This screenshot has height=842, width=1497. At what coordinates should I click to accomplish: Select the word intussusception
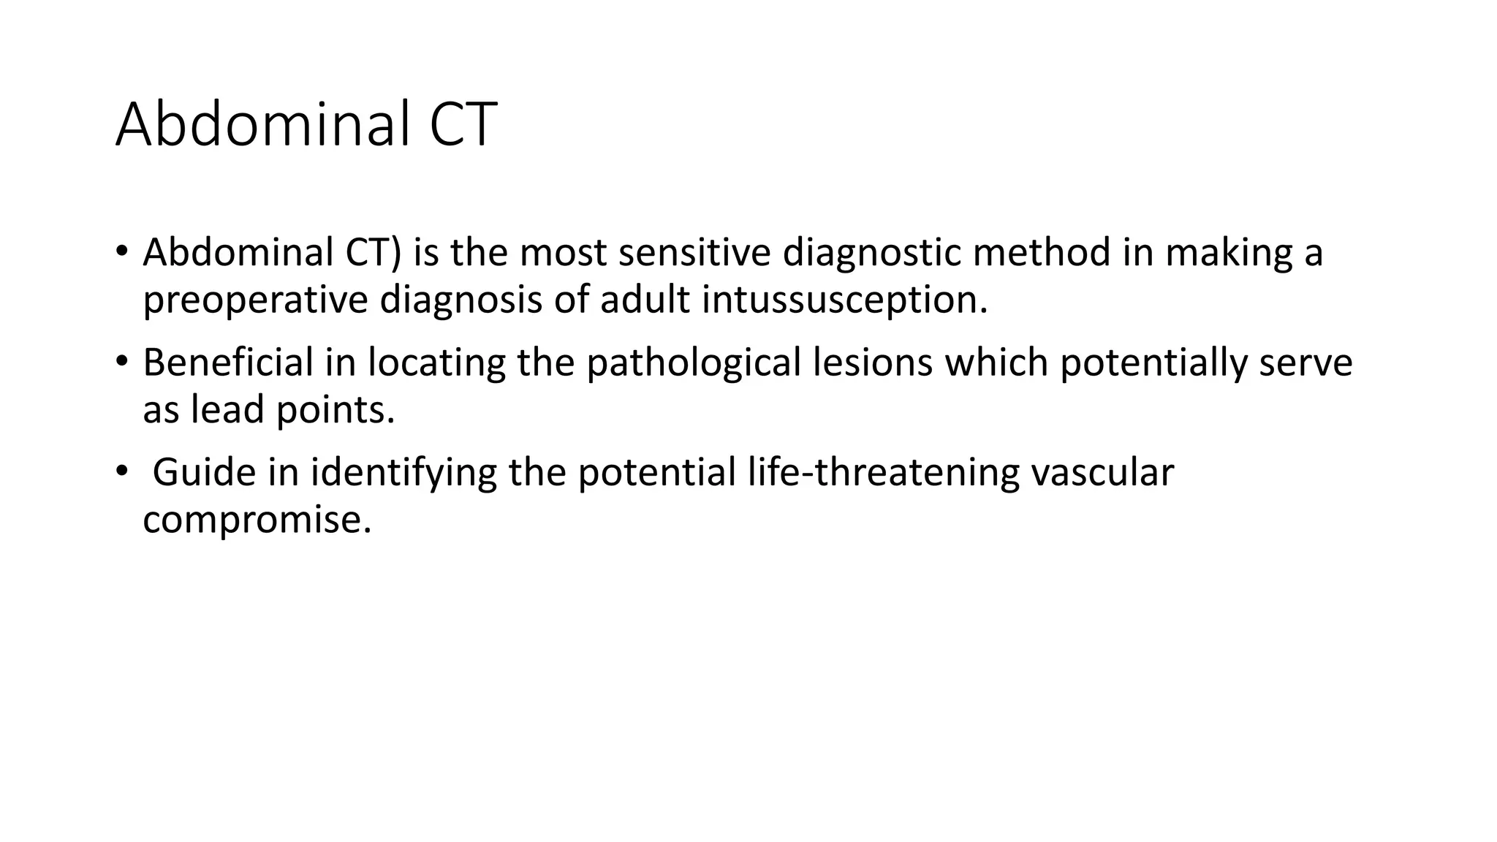tap(844, 300)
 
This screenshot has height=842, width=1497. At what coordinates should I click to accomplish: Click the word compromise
tap(257, 520)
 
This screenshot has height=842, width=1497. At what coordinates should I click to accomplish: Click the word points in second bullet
tap(335, 410)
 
